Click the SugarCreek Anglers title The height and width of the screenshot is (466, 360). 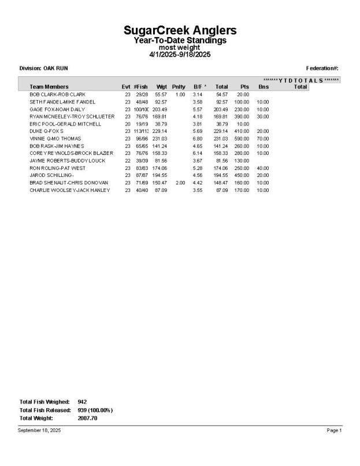(180, 30)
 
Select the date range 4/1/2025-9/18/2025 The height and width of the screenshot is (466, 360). (180, 54)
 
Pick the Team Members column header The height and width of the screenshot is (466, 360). (49, 87)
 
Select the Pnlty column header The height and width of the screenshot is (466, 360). (179, 87)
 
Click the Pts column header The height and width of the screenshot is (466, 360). (244, 87)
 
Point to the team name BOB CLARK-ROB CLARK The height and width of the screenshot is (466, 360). (57, 94)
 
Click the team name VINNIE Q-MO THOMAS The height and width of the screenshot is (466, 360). (55, 139)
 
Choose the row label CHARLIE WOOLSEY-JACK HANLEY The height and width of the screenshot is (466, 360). (69, 190)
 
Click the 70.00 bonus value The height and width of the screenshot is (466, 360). (263, 139)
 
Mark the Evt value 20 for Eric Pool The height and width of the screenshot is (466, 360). (127, 124)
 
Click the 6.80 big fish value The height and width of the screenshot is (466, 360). (198, 139)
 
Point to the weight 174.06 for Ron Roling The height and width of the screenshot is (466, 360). (159, 168)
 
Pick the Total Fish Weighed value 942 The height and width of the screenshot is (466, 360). (82, 401)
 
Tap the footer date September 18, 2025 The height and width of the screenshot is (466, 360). (39, 430)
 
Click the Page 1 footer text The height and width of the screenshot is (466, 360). (335, 430)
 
